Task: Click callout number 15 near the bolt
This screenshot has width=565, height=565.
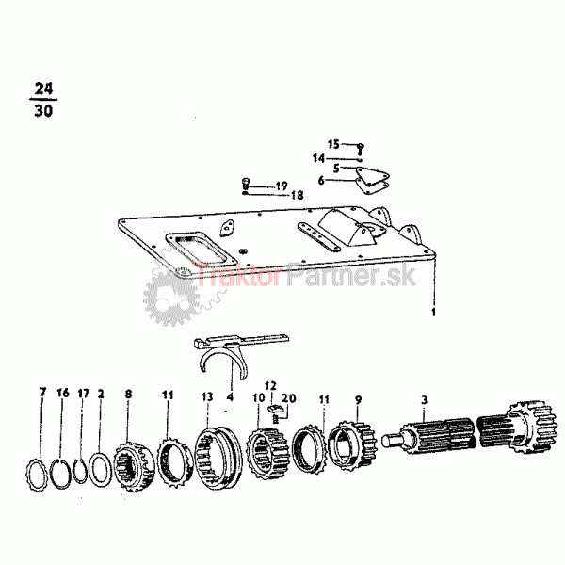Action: coord(333,144)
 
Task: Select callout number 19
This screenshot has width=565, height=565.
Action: coord(281,186)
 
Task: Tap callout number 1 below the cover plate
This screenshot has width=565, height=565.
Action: coord(433,310)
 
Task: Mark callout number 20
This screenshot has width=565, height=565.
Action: coord(289,399)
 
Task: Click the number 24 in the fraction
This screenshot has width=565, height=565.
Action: coord(42,89)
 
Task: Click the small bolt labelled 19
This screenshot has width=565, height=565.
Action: coord(246,183)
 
